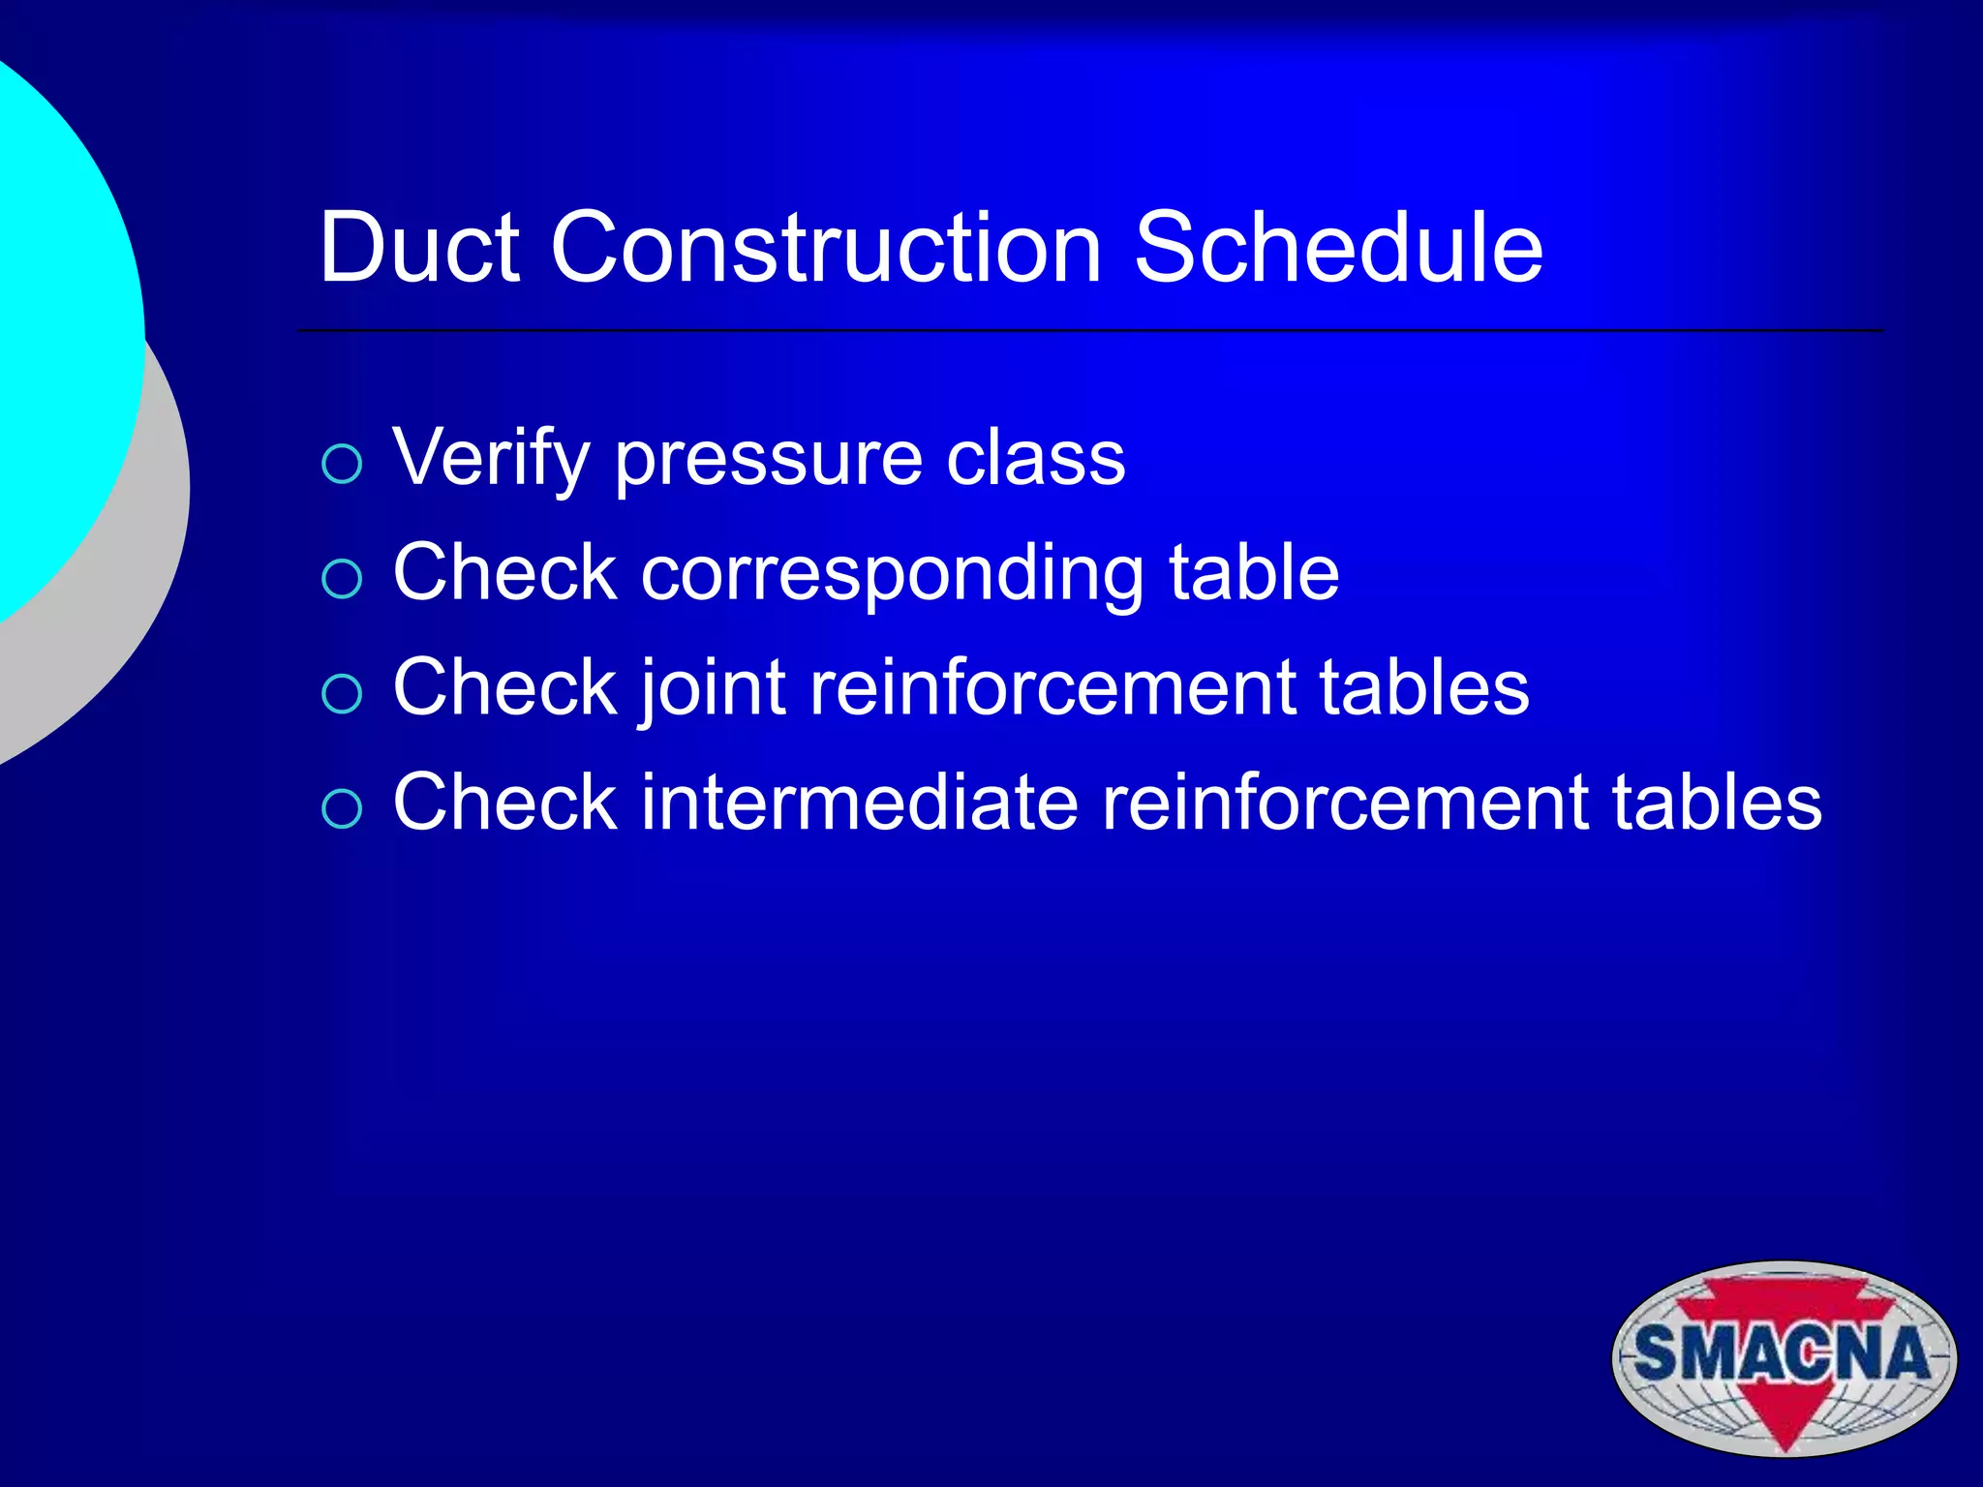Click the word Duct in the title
coord(419,248)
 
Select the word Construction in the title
coord(826,248)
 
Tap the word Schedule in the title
coord(1338,248)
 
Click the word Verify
coord(491,458)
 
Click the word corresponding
coord(892,574)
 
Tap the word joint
coord(712,688)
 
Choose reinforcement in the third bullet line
coord(1053,687)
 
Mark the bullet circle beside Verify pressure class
coord(342,465)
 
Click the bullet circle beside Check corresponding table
coord(342,579)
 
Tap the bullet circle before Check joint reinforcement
coord(342,694)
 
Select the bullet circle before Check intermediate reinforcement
coord(342,808)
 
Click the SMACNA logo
coord(1784,1356)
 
